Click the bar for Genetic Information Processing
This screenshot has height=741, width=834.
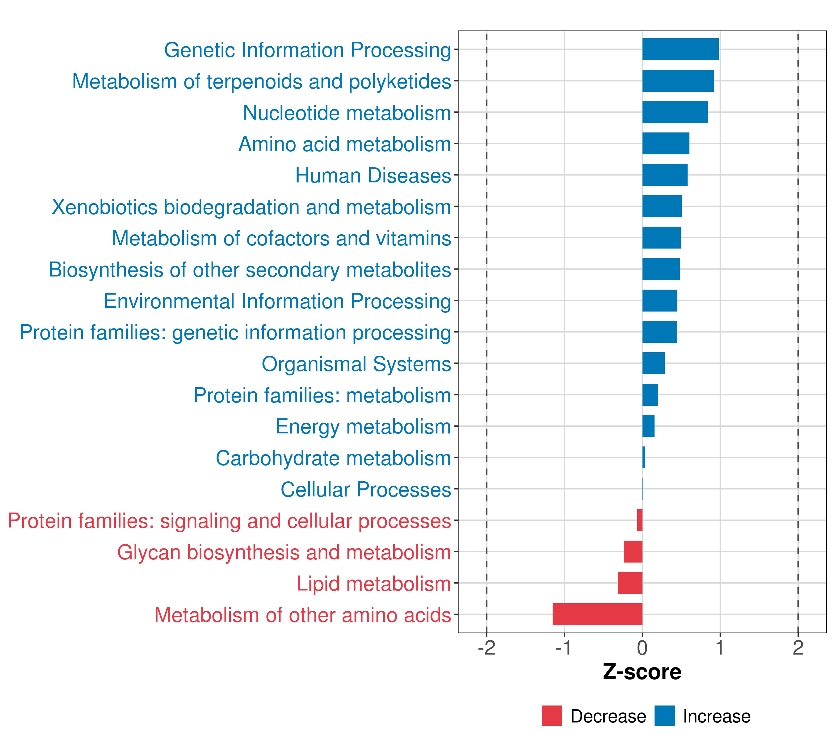(x=680, y=49)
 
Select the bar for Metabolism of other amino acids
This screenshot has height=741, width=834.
(x=597, y=614)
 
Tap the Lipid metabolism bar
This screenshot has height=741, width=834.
(x=630, y=583)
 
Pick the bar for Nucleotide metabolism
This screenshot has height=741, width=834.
(x=675, y=112)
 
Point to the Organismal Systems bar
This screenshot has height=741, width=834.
(x=653, y=363)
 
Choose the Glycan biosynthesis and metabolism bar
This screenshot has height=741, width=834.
(x=633, y=551)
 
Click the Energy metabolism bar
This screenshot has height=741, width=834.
(x=648, y=426)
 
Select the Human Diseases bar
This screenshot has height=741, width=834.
(x=665, y=175)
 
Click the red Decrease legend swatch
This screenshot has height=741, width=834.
(x=552, y=716)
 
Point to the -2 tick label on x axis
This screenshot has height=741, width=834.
(x=486, y=648)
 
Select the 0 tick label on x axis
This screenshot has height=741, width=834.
(x=642, y=648)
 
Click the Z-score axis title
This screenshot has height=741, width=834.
(x=642, y=672)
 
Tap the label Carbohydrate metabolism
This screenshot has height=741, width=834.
(x=333, y=458)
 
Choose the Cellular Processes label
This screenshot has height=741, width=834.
(x=366, y=489)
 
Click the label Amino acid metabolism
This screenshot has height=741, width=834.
(x=345, y=144)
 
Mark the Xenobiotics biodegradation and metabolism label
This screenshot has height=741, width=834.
(x=251, y=207)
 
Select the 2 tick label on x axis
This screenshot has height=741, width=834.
(x=798, y=648)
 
